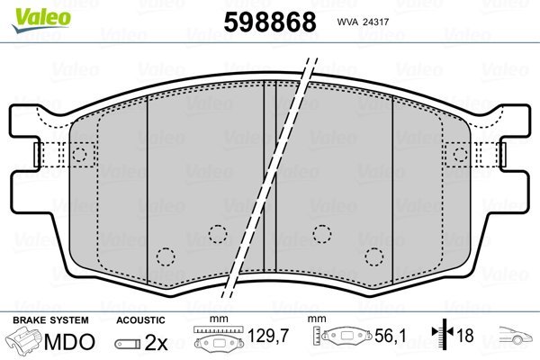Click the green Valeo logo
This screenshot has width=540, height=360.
coord(41,20)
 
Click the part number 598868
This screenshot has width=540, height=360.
coord(270,22)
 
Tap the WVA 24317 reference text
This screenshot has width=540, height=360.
coord(363,22)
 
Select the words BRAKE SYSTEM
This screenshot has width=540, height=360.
coord(50,320)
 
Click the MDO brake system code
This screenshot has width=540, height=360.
coord(69,342)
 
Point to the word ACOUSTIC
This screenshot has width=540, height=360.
coord(140,320)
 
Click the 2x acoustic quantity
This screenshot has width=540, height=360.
coord(156,342)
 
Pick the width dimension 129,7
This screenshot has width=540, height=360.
coord(268,336)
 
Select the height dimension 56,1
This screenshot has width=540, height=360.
coord(391,336)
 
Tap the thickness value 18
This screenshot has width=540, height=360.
coord(464,335)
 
